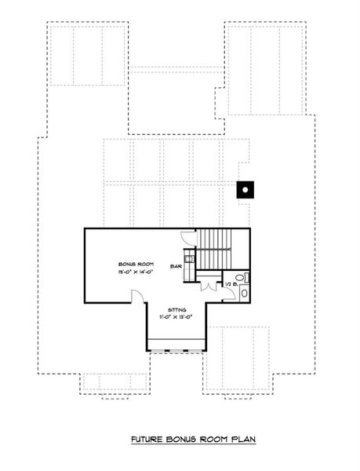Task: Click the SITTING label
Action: point(166,310)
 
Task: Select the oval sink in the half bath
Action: point(243,293)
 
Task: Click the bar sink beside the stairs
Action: point(188,254)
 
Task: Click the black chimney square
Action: point(245,188)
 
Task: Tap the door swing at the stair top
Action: point(187,235)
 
